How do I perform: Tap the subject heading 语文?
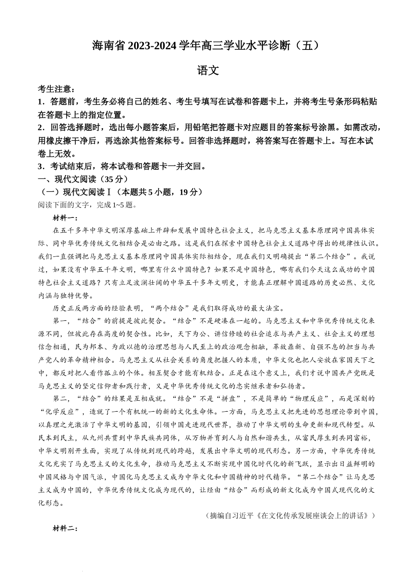[x=208, y=70]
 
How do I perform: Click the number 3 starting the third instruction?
[x=41, y=166]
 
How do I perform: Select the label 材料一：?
[x=65, y=218]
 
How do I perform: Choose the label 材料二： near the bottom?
[x=65, y=528]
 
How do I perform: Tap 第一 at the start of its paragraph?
[x=60, y=321]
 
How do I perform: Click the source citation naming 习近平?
[x=290, y=515]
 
